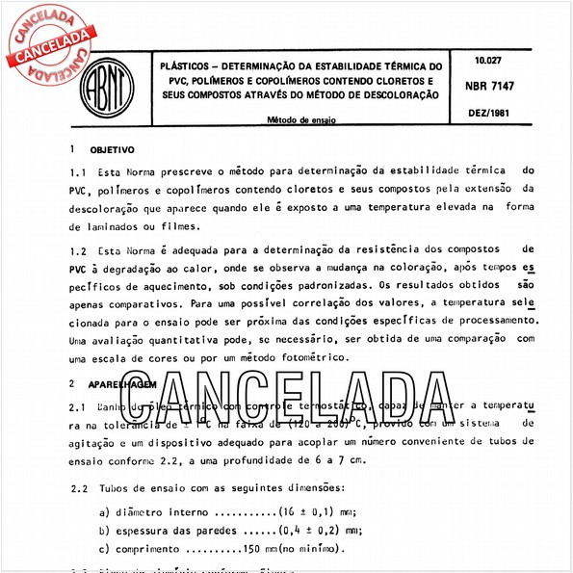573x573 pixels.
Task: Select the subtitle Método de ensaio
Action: click(x=301, y=121)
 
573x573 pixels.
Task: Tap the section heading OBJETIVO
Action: click(x=112, y=150)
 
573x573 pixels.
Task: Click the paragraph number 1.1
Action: click(x=79, y=170)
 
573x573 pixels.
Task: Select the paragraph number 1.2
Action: click(x=79, y=249)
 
